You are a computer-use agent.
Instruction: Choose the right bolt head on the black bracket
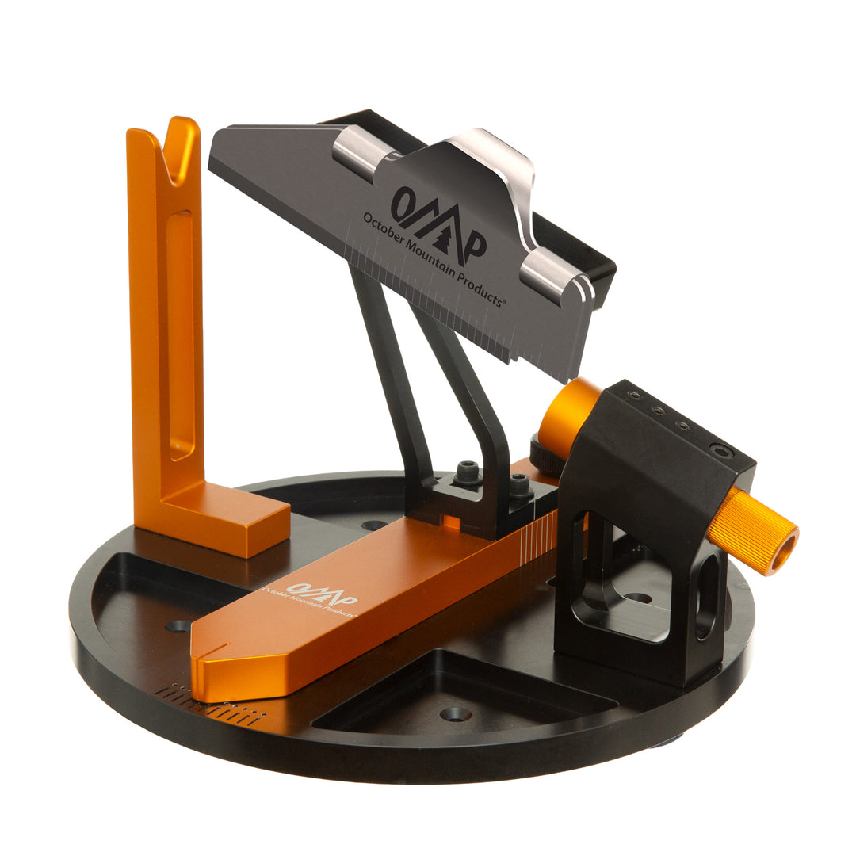(x=519, y=484)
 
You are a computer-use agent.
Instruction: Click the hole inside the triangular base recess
(x=455, y=713)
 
